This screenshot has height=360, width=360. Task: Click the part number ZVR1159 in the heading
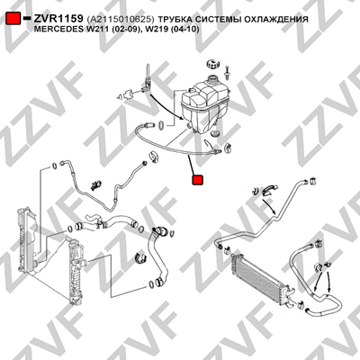58,19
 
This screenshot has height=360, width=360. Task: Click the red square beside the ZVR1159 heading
13,18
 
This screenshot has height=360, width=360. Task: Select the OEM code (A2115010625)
120,20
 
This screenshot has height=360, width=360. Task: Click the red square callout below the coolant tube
198,180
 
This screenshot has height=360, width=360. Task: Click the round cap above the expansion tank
212,65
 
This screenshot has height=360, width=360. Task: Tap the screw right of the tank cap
227,73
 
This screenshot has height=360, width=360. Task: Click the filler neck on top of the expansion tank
213,80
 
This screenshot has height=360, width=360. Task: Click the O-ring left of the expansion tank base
161,124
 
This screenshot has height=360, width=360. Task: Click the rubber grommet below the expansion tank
215,133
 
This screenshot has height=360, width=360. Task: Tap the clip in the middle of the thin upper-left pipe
96,185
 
